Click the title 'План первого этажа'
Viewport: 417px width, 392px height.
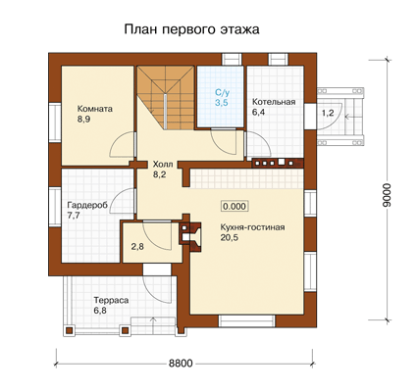click(x=191, y=29)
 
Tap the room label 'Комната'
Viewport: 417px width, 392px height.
click(x=95, y=109)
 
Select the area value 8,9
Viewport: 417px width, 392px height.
click(x=83, y=120)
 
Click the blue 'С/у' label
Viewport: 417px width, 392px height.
click(x=222, y=92)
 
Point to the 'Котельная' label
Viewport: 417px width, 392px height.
click(x=274, y=102)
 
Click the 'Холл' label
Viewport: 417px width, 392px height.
click(x=163, y=164)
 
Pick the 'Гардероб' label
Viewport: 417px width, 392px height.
click(x=87, y=205)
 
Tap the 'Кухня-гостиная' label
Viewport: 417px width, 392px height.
click(x=252, y=227)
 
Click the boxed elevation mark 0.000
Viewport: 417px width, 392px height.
click(x=235, y=207)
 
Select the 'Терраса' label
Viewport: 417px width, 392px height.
click(x=111, y=300)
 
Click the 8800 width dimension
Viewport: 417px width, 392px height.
click(x=181, y=363)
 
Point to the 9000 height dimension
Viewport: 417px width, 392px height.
click(x=387, y=195)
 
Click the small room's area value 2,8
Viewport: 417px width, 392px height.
click(x=137, y=247)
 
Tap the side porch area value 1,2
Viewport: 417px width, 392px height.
click(x=328, y=114)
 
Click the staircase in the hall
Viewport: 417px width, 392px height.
click(x=165, y=97)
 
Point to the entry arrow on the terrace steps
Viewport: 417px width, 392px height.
click(x=152, y=322)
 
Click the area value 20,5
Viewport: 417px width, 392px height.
click(x=229, y=237)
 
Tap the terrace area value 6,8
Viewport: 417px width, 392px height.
click(x=100, y=311)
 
